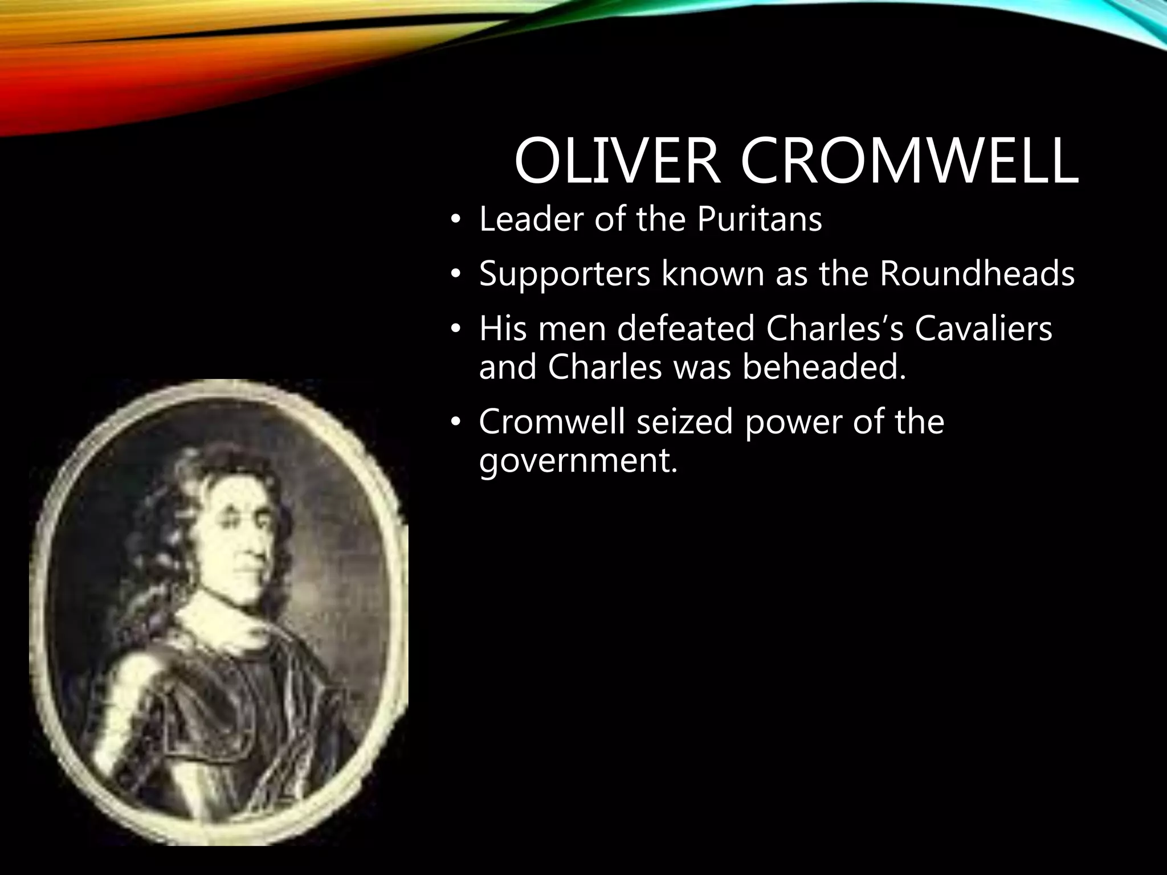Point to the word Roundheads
pyautogui.click(x=976, y=274)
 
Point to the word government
pyautogui.click(x=578, y=461)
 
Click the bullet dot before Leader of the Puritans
pyautogui.click(x=454, y=220)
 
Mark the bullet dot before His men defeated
pyautogui.click(x=454, y=330)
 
